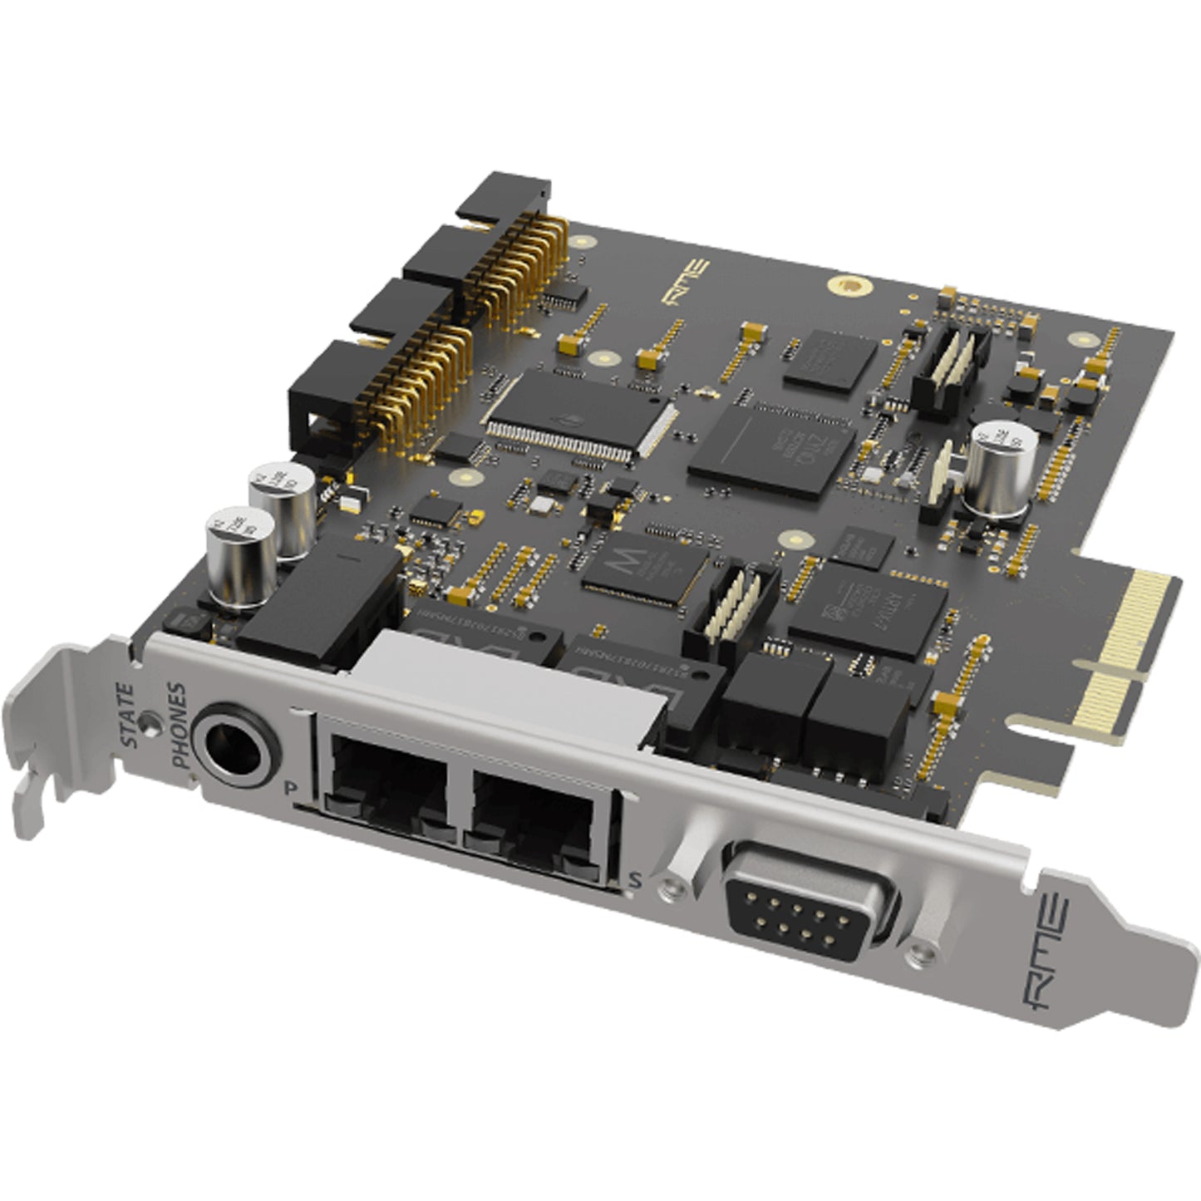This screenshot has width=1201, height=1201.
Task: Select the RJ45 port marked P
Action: coord(382,799)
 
